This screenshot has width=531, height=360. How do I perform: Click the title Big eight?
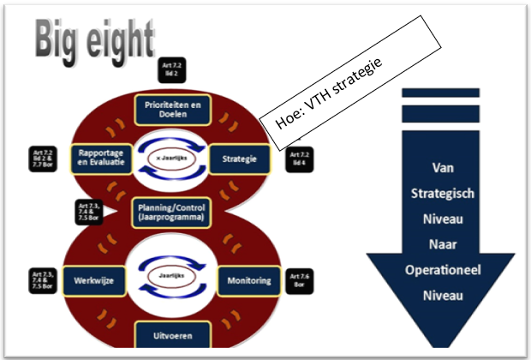(x=94, y=39)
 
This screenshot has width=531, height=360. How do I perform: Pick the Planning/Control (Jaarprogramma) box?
(x=168, y=211)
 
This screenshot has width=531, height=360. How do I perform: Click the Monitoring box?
(x=248, y=280)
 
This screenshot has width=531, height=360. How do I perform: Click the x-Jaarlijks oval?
(x=170, y=160)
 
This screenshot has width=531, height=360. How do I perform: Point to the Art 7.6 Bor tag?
(x=300, y=280)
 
